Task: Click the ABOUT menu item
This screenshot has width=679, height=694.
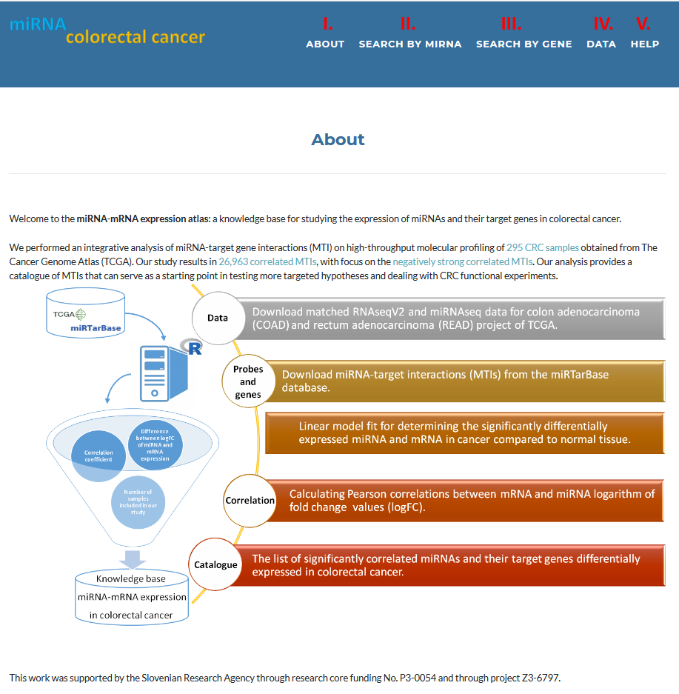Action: click(325, 44)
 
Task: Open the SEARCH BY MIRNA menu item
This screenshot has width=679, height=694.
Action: click(410, 44)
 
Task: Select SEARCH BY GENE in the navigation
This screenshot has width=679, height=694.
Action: click(524, 44)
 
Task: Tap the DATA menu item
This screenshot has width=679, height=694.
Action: click(601, 44)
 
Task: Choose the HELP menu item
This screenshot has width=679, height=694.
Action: click(645, 44)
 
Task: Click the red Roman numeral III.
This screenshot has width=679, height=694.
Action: click(511, 24)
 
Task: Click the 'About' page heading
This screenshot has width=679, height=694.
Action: click(338, 139)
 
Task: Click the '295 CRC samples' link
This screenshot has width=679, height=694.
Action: click(543, 247)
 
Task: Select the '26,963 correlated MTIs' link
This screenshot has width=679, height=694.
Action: click(267, 261)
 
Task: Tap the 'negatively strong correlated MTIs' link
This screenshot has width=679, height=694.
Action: click(462, 261)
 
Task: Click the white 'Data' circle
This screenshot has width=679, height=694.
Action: click(218, 318)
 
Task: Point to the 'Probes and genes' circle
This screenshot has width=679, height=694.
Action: click(248, 381)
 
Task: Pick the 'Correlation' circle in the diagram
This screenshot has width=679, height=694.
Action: click(250, 500)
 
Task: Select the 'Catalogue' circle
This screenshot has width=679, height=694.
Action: click(215, 564)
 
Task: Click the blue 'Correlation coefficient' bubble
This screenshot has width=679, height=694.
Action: click(98, 456)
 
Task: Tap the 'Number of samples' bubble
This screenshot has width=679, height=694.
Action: click(138, 501)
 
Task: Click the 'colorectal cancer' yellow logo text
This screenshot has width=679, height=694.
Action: click(136, 37)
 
